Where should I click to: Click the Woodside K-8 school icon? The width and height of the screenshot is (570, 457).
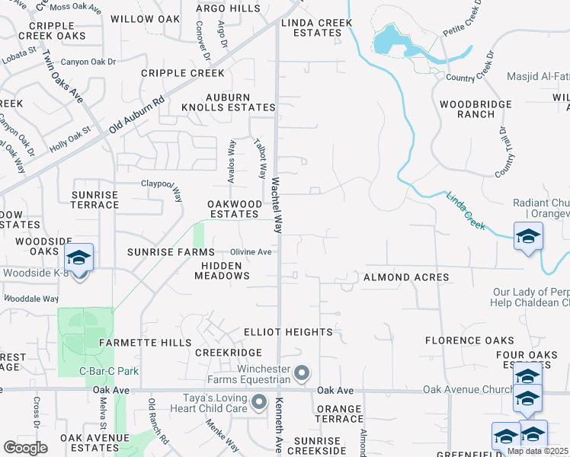click(78, 257)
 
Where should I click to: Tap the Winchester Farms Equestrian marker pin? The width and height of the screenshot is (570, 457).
click(302, 373)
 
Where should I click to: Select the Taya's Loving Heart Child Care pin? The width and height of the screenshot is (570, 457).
click(259, 401)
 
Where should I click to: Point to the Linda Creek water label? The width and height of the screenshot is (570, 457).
click(466, 208)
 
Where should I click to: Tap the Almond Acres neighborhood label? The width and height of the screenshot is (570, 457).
click(406, 277)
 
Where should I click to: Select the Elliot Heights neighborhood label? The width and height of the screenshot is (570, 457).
click(288, 332)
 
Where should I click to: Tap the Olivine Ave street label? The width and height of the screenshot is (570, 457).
click(251, 252)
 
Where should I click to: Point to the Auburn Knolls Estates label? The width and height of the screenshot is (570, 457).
click(227, 102)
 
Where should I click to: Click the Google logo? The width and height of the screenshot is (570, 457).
click(25, 448)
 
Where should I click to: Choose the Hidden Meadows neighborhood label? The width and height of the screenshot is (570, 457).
click(222, 270)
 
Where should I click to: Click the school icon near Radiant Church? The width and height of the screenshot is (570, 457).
click(528, 236)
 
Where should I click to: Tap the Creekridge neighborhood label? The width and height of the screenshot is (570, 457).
click(229, 353)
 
